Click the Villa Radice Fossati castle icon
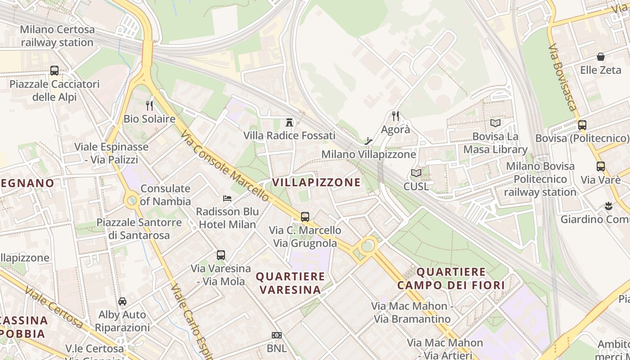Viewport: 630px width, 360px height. pos(289,122)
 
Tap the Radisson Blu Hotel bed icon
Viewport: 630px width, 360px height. pos(227,198)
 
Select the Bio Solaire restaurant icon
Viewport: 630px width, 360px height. pos(149,106)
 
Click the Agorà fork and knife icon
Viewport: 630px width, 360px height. pos(396,116)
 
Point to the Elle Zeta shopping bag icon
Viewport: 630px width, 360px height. pos(600,57)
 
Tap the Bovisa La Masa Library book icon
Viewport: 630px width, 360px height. pos(495,123)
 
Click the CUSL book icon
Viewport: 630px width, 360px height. pos(416,173)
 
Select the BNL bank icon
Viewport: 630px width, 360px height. pos(277,335)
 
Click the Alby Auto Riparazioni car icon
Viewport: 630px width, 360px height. pos(122,301)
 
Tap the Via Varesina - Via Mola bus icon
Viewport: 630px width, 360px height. pos(220,255)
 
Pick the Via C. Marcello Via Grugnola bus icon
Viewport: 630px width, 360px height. pos(305,217)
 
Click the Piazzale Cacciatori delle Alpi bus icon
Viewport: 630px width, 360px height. pos(54,71)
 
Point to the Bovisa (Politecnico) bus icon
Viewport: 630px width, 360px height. pos(582,125)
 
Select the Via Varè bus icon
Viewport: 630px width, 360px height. pos(600,166)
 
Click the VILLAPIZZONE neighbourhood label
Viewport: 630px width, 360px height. pos(316,182)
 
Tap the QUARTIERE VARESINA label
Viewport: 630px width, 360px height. pos(290,283)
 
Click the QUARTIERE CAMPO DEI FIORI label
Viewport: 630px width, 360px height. pos(451,278)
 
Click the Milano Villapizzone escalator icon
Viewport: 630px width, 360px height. pos(369,141)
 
